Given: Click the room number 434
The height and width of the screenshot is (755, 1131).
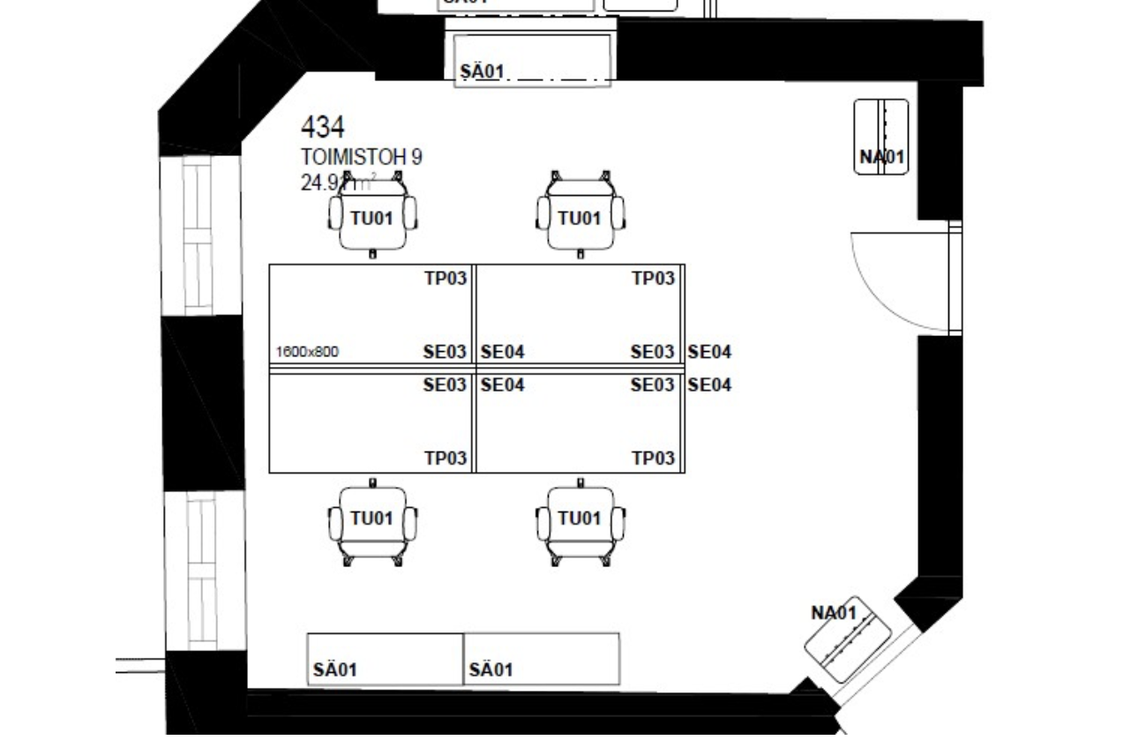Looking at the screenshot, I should pyautogui.click(x=322, y=128).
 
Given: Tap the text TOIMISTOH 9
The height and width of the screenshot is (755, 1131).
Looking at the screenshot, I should pyautogui.click(x=361, y=157).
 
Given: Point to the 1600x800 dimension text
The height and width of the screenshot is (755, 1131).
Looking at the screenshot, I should pyautogui.click(x=307, y=352).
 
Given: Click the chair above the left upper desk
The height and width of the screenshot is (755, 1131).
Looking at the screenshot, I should pyautogui.click(x=372, y=216).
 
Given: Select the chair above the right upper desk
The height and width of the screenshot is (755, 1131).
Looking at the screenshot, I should pyautogui.click(x=580, y=216).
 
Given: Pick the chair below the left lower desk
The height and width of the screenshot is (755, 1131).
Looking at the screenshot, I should pyautogui.click(x=372, y=522).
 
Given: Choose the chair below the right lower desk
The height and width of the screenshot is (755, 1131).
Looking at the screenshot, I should pyautogui.click(x=580, y=522).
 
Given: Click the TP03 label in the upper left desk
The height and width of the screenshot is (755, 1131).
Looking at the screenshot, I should pyautogui.click(x=446, y=279).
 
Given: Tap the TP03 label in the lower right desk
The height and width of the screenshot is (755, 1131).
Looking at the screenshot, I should pyautogui.click(x=653, y=458).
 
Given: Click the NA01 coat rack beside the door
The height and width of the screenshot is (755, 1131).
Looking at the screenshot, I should pyautogui.click(x=881, y=137).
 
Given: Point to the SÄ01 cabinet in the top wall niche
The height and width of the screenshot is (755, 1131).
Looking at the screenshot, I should pyautogui.click(x=533, y=58).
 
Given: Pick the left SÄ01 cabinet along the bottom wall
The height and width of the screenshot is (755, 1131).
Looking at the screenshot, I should pyautogui.click(x=385, y=659).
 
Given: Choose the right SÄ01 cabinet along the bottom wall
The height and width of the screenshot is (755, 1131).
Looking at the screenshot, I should pyautogui.click(x=542, y=659).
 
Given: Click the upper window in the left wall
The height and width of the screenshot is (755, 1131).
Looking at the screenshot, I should pyautogui.click(x=198, y=235).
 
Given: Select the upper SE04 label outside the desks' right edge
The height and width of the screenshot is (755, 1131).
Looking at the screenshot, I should pyautogui.click(x=709, y=352).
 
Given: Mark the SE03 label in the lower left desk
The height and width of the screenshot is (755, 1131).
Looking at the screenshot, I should pyautogui.click(x=444, y=385).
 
